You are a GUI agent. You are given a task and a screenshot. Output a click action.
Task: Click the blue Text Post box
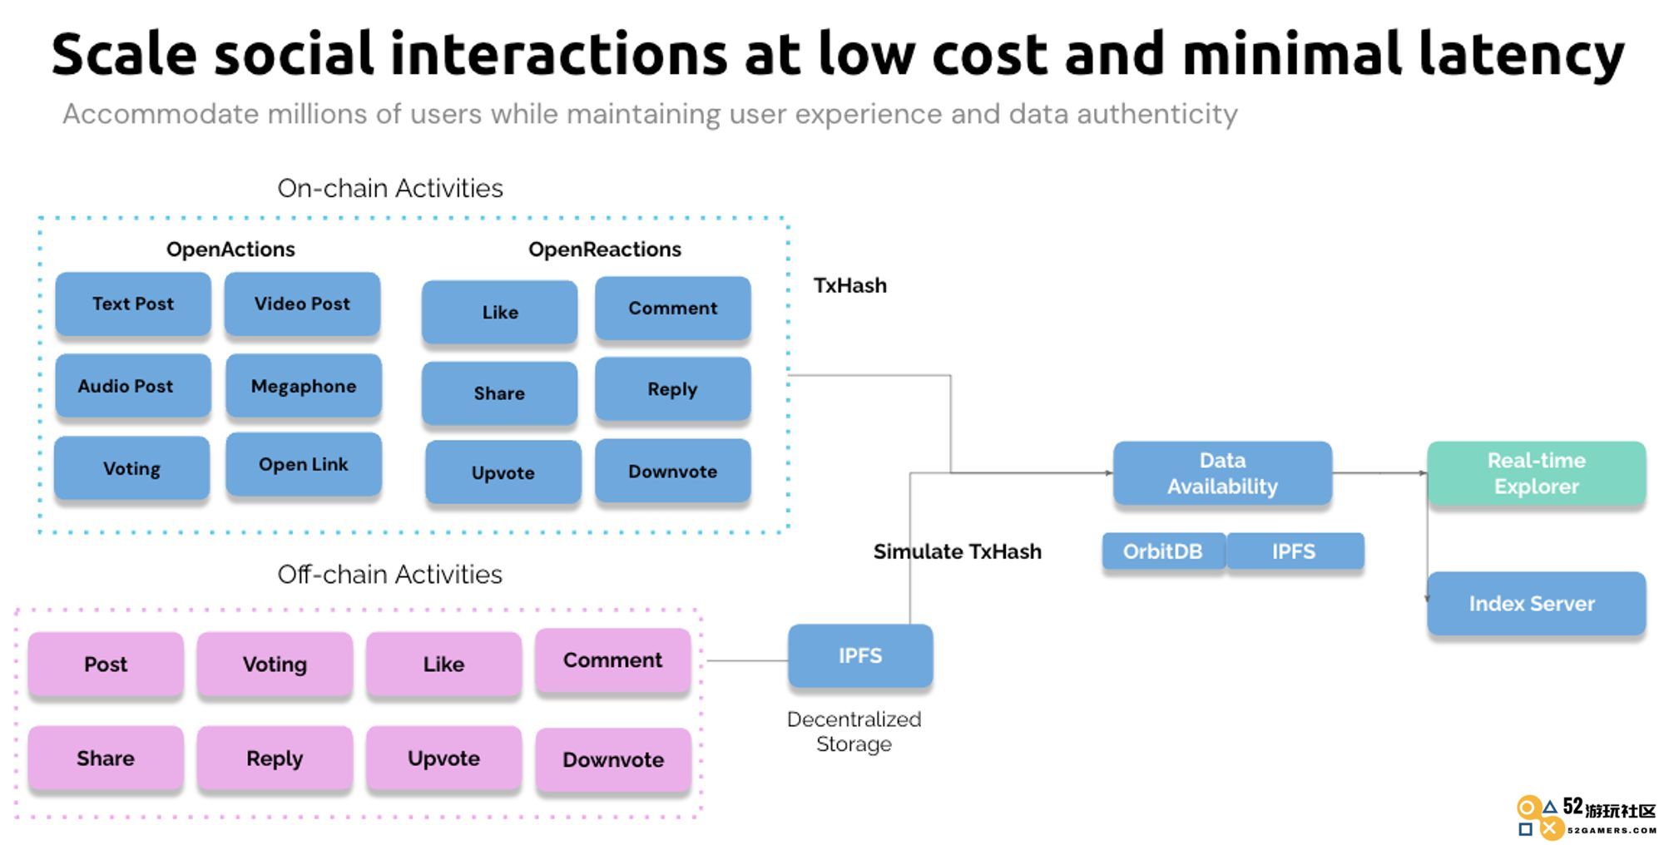(x=133, y=304)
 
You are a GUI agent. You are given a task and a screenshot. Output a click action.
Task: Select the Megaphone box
(x=304, y=386)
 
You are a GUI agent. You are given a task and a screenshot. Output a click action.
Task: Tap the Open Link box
(x=304, y=464)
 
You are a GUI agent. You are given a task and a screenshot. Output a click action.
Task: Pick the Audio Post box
(x=133, y=386)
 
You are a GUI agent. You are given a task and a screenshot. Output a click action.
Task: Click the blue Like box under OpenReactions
(x=499, y=312)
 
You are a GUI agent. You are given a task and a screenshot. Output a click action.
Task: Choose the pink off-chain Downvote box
(x=613, y=759)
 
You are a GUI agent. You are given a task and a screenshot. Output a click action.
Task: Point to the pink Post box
(x=106, y=664)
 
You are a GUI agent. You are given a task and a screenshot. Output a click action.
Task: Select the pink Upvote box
(x=443, y=758)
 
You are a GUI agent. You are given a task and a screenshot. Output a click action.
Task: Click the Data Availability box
(x=1222, y=473)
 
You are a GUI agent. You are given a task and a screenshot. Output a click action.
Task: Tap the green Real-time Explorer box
(x=1536, y=473)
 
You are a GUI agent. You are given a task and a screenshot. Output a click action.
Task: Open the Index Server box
(x=1536, y=604)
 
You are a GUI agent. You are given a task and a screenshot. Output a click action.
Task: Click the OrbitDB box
(x=1164, y=551)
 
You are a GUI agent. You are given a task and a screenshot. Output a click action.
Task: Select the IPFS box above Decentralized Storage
(x=860, y=656)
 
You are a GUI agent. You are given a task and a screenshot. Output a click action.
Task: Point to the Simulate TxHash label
(x=958, y=551)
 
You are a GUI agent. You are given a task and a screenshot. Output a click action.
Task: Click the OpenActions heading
(x=230, y=250)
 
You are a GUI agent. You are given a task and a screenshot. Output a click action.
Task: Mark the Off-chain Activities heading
(x=389, y=574)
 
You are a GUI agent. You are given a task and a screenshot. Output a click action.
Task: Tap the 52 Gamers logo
(x=1586, y=817)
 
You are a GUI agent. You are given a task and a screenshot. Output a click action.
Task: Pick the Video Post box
(x=302, y=304)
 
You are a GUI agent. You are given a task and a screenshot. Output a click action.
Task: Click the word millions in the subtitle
(x=317, y=114)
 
